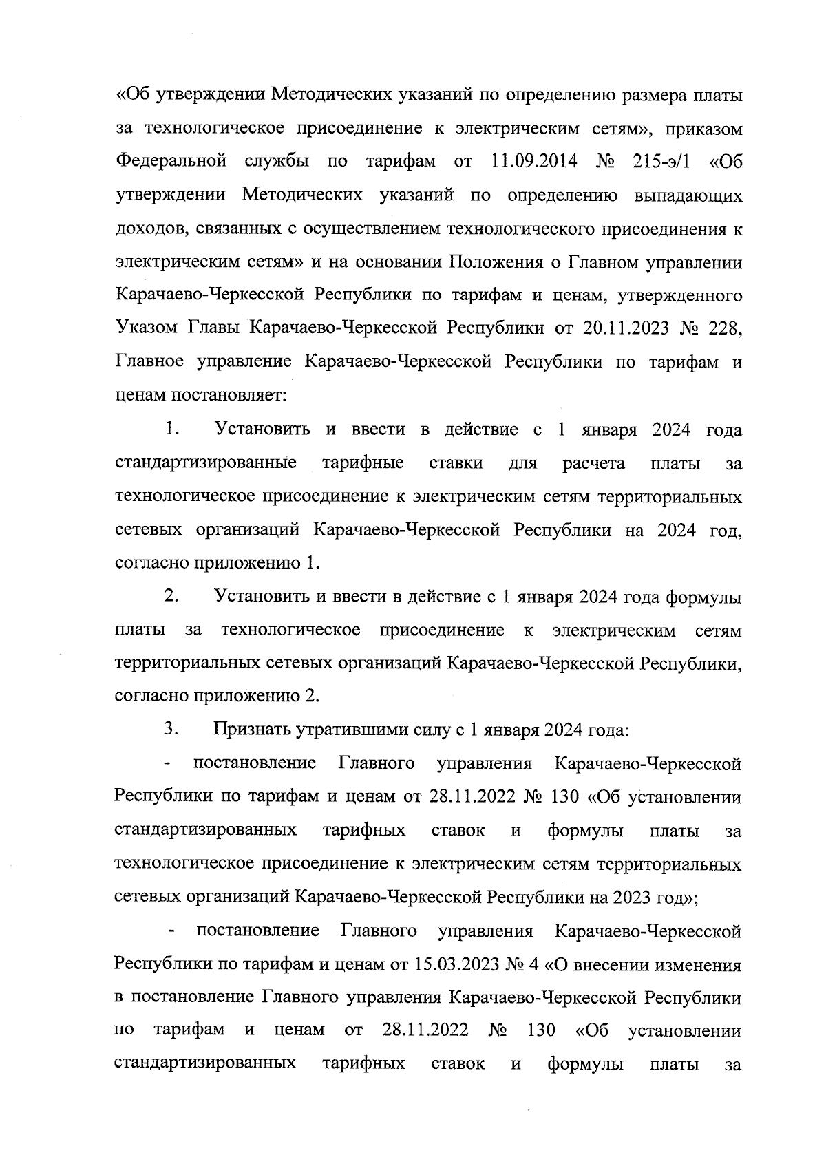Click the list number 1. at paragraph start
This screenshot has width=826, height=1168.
172,429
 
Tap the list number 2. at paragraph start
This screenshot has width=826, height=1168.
172,597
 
